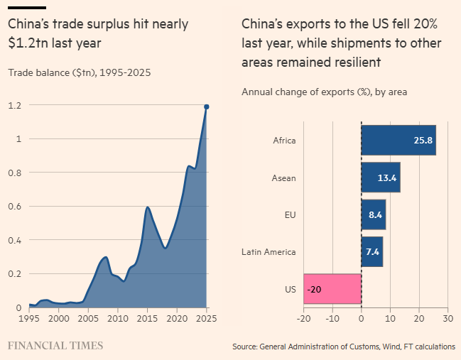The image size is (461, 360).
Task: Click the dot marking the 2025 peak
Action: [x=207, y=107]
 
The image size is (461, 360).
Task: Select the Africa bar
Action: [x=398, y=140]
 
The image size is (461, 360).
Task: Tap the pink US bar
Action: [x=332, y=289]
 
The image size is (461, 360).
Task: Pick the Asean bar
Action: [x=380, y=178]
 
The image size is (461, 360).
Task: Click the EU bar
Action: [x=373, y=214]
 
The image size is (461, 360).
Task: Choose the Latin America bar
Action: [x=371, y=252]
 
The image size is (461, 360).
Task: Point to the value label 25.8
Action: [x=423, y=141]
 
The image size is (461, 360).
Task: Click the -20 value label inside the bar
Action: [x=314, y=290]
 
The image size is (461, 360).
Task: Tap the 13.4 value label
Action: [x=387, y=178]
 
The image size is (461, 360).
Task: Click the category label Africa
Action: [x=284, y=141]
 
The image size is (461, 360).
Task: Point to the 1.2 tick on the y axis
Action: [x=15, y=106]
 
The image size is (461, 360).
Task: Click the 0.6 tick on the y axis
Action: [x=15, y=207]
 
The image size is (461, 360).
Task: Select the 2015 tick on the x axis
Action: [x=147, y=320]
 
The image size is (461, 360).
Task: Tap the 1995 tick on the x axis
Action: [x=29, y=320]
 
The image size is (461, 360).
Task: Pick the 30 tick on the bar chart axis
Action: [x=448, y=320]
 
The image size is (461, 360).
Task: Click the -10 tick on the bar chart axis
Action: [x=332, y=320]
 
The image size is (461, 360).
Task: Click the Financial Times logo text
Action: [x=55, y=346]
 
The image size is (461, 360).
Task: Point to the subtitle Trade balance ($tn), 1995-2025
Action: [x=79, y=72]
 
